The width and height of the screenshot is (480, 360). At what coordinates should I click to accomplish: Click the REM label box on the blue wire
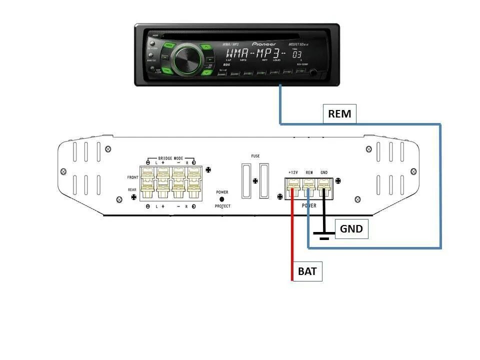[x=339, y=114]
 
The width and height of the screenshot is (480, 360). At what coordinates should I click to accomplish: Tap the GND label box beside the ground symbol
[x=351, y=229]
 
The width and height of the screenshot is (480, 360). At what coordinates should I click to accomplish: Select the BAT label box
[x=307, y=272]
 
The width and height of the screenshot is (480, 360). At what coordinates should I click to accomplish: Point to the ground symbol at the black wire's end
[x=324, y=235]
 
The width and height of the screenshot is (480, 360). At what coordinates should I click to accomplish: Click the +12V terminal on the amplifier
[x=293, y=187]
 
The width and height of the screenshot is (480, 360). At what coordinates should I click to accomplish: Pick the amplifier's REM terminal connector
[x=309, y=187]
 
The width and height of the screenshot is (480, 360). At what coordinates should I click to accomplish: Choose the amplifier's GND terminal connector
[x=324, y=187]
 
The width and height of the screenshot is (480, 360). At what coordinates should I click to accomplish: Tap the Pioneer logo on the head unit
[x=263, y=44]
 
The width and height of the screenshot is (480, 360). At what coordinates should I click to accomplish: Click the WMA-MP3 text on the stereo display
[x=255, y=53]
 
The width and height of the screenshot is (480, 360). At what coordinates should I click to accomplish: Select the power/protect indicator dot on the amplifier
[x=222, y=199]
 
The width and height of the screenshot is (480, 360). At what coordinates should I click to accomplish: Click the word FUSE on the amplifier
[x=255, y=156]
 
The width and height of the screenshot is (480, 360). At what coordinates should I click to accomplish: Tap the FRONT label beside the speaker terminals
[x=132, y=177]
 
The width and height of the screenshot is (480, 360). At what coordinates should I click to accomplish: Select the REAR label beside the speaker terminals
[x=132, y=189]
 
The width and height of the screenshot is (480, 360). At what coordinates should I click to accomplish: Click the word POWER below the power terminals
[x=308, y=205]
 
